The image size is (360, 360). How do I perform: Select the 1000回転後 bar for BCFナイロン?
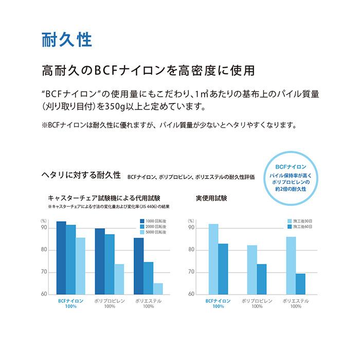point(61,258)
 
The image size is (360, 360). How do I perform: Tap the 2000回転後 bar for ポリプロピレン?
point(110,264)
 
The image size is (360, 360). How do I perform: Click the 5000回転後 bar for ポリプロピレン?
point(119,279)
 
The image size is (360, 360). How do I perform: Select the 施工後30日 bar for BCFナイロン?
point(213,259)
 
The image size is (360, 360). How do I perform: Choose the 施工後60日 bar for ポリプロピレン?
point(262,279)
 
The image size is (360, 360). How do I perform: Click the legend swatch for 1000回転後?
point(142,221)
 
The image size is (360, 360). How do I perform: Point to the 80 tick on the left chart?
point(44,250)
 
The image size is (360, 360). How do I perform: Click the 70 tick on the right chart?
point(191,272)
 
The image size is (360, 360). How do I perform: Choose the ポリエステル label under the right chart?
point(296,301)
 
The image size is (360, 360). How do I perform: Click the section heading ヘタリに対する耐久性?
point(81,175)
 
